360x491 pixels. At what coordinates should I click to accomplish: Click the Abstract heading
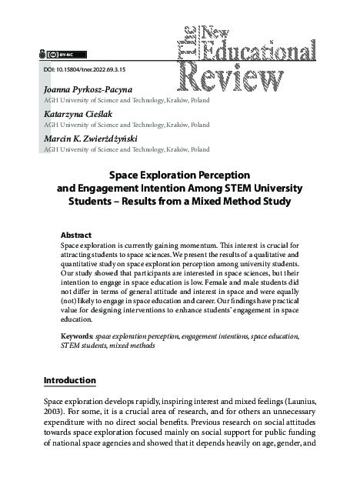pyautogui.click(x=75, y=235)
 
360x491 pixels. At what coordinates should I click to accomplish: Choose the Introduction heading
pyautogui.click(x=69, y=380)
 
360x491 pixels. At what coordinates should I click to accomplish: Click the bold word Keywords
pyautogui.click(x=76, y=337)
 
